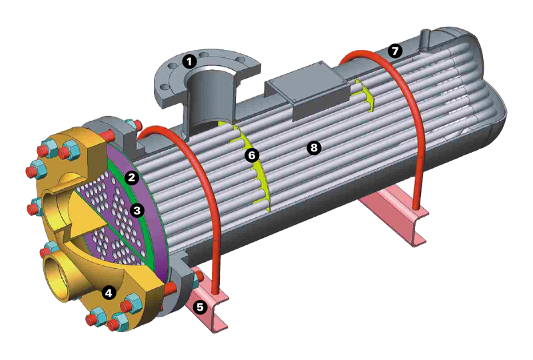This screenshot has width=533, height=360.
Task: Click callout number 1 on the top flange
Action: coord(189,62)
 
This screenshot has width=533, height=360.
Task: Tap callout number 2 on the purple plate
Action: coord(131,177)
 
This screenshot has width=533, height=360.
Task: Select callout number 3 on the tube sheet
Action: coord(137,210)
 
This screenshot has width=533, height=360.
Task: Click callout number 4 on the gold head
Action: coord(109,292)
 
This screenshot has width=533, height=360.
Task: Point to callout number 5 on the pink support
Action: coord(200,307)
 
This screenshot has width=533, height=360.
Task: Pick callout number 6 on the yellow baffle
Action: coord(252,155)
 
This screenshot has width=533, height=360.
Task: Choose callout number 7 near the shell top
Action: coord(394,51)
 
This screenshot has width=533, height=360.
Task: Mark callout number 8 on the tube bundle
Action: coord(313,147)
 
